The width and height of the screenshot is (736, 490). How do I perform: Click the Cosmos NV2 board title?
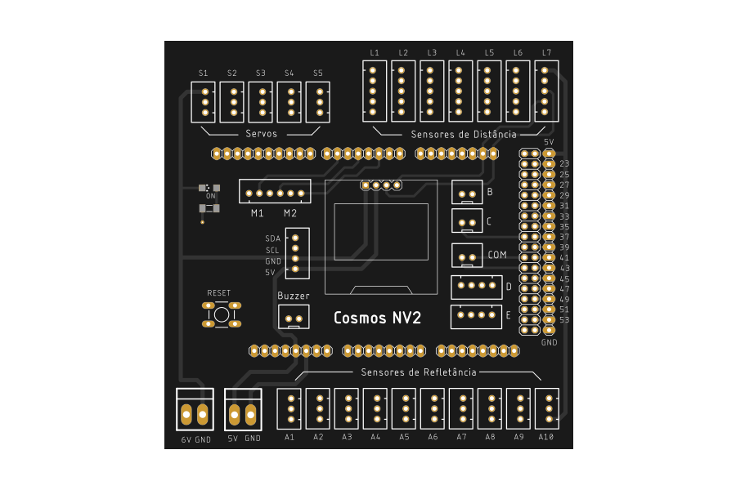377,318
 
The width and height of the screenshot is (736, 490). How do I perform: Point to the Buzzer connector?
294,318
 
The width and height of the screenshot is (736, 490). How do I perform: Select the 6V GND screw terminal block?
194,415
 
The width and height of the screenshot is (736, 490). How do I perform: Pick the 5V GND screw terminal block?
243,415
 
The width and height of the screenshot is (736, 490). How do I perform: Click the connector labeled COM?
467,256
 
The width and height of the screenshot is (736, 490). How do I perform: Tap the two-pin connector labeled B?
467,193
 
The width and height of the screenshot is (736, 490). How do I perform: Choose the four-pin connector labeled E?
476,316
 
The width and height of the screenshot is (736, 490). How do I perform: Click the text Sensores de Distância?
464,134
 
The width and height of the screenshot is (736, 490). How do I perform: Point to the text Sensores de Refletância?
418,372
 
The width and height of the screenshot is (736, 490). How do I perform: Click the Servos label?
261,133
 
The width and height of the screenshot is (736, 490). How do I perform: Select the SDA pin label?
272,238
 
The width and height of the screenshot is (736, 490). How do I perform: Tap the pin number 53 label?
564,319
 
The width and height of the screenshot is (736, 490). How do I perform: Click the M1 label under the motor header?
257,213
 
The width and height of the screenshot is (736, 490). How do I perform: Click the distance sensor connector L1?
374,91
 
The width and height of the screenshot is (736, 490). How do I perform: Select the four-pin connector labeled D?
476,287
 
